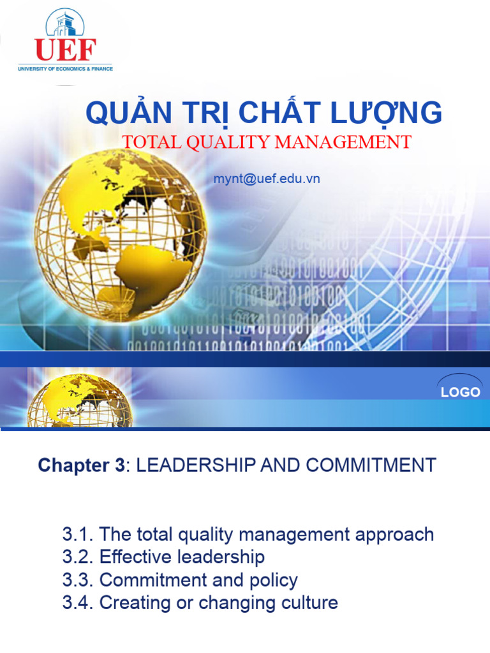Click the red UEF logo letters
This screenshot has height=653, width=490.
[x=66, y=50]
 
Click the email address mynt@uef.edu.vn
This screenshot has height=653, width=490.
[x=267, y=179]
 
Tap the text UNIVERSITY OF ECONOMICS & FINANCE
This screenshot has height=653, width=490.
[x=66, y=68]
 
